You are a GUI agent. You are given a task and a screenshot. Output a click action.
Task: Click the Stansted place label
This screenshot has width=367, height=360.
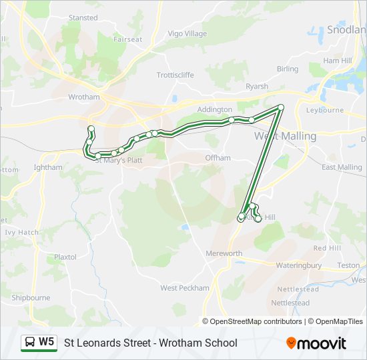(83, 17)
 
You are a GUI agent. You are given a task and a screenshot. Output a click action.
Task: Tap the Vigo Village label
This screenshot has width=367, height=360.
(188, 33)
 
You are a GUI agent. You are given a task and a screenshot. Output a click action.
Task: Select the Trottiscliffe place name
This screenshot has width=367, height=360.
(175, 75)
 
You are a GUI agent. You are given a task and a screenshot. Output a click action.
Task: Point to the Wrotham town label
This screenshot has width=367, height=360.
(83, 97)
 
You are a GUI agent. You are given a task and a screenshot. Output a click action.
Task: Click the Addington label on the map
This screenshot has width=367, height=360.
(215, 109)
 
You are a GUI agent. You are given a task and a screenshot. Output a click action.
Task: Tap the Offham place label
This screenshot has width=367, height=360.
(218, 158)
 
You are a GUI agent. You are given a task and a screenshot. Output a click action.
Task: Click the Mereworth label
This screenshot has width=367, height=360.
(224, 253)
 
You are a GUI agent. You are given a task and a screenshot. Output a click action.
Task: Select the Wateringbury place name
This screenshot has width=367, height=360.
(298, 265)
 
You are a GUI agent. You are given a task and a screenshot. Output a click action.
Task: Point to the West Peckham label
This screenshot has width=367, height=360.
(184, 288)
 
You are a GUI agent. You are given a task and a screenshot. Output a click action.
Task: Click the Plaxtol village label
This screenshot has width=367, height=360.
(65, 257)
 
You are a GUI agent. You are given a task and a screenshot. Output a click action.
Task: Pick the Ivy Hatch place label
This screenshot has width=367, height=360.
(22, 233)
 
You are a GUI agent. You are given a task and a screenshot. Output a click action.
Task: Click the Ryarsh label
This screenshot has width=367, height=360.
(257, 87)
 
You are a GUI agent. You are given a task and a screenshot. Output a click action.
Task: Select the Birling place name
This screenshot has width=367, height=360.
(288, 69)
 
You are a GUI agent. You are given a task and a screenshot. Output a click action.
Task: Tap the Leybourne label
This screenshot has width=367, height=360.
(324, 110)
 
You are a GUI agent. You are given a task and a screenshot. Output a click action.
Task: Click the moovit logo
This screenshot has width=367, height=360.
(316, 343)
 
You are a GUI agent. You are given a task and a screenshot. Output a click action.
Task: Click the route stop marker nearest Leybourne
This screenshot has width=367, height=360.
(281, 107)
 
